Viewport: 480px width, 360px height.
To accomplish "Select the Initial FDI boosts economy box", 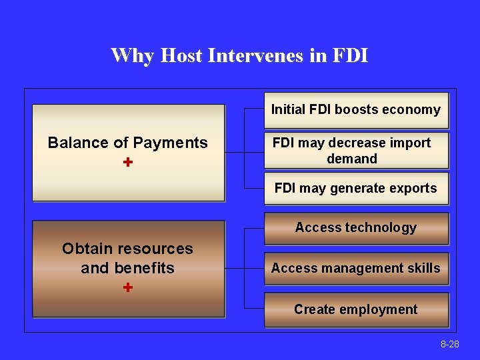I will [356, 110].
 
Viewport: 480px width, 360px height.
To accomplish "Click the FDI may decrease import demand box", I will [356, 151].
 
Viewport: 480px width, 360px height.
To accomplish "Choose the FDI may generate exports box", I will [356, 189].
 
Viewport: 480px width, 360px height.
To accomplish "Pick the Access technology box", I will [356, 228].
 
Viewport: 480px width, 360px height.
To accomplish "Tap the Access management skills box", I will [356, 269].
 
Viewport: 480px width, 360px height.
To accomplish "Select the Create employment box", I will [356, 309].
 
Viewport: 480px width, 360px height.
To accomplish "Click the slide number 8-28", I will [449, 344].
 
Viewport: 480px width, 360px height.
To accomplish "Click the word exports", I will [413, 189].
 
